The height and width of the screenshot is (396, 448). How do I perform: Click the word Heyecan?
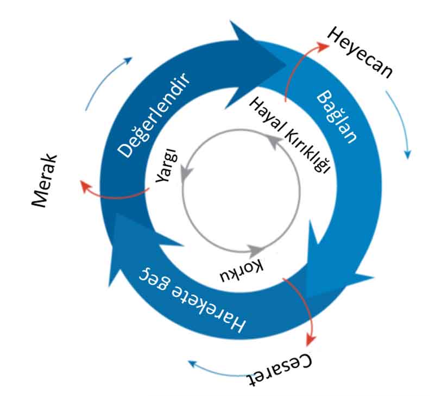coord(359,53)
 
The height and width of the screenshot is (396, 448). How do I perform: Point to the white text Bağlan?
coord(337,117)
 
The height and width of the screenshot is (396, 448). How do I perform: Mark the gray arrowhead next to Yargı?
coord(186,173)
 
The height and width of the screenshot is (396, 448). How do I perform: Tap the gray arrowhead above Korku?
coord(255,250)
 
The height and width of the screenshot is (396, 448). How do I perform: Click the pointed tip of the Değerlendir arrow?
coord(285,65)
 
